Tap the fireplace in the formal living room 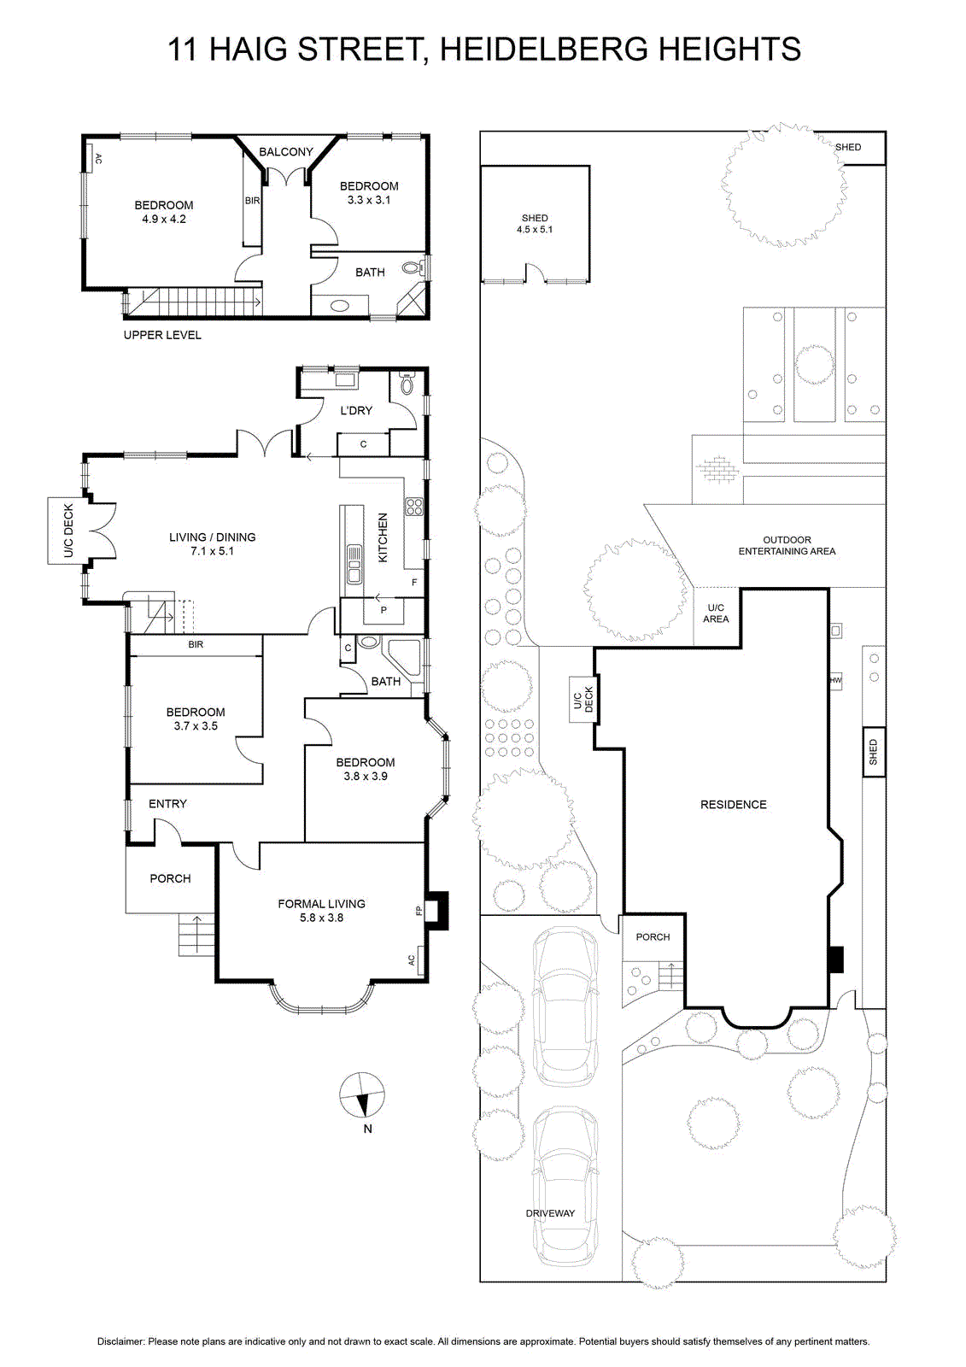tap(436, 911)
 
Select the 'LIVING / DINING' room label tap(213, 537)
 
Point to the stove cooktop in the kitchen tap(414, 507)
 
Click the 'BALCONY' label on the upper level tap(285, 152)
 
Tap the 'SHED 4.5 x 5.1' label tap(535, 223)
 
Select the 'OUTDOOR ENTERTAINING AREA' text tap(787, 546)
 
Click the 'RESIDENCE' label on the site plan tap(734, 804)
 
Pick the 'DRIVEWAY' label tap(550, 1213)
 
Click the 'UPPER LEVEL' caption tap(162, 335)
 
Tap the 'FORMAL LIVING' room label tap(322, 904)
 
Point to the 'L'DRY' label tap(356, 411)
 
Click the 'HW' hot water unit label tap(835, 680)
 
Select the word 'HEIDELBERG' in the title tap(543, 50)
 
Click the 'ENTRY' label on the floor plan tap(167, 804)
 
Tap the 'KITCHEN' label tap(383, 537)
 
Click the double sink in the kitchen tap(354, 565)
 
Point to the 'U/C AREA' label tap(716, 613)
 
